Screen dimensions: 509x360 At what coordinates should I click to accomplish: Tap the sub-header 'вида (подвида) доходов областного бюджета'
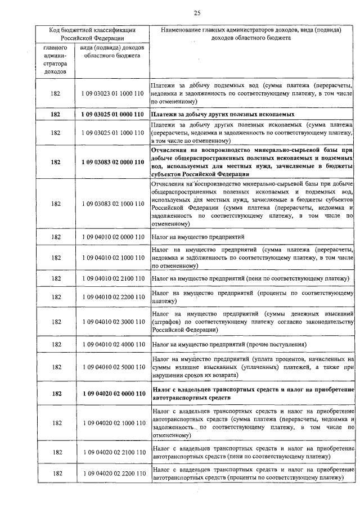(110, 52)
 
